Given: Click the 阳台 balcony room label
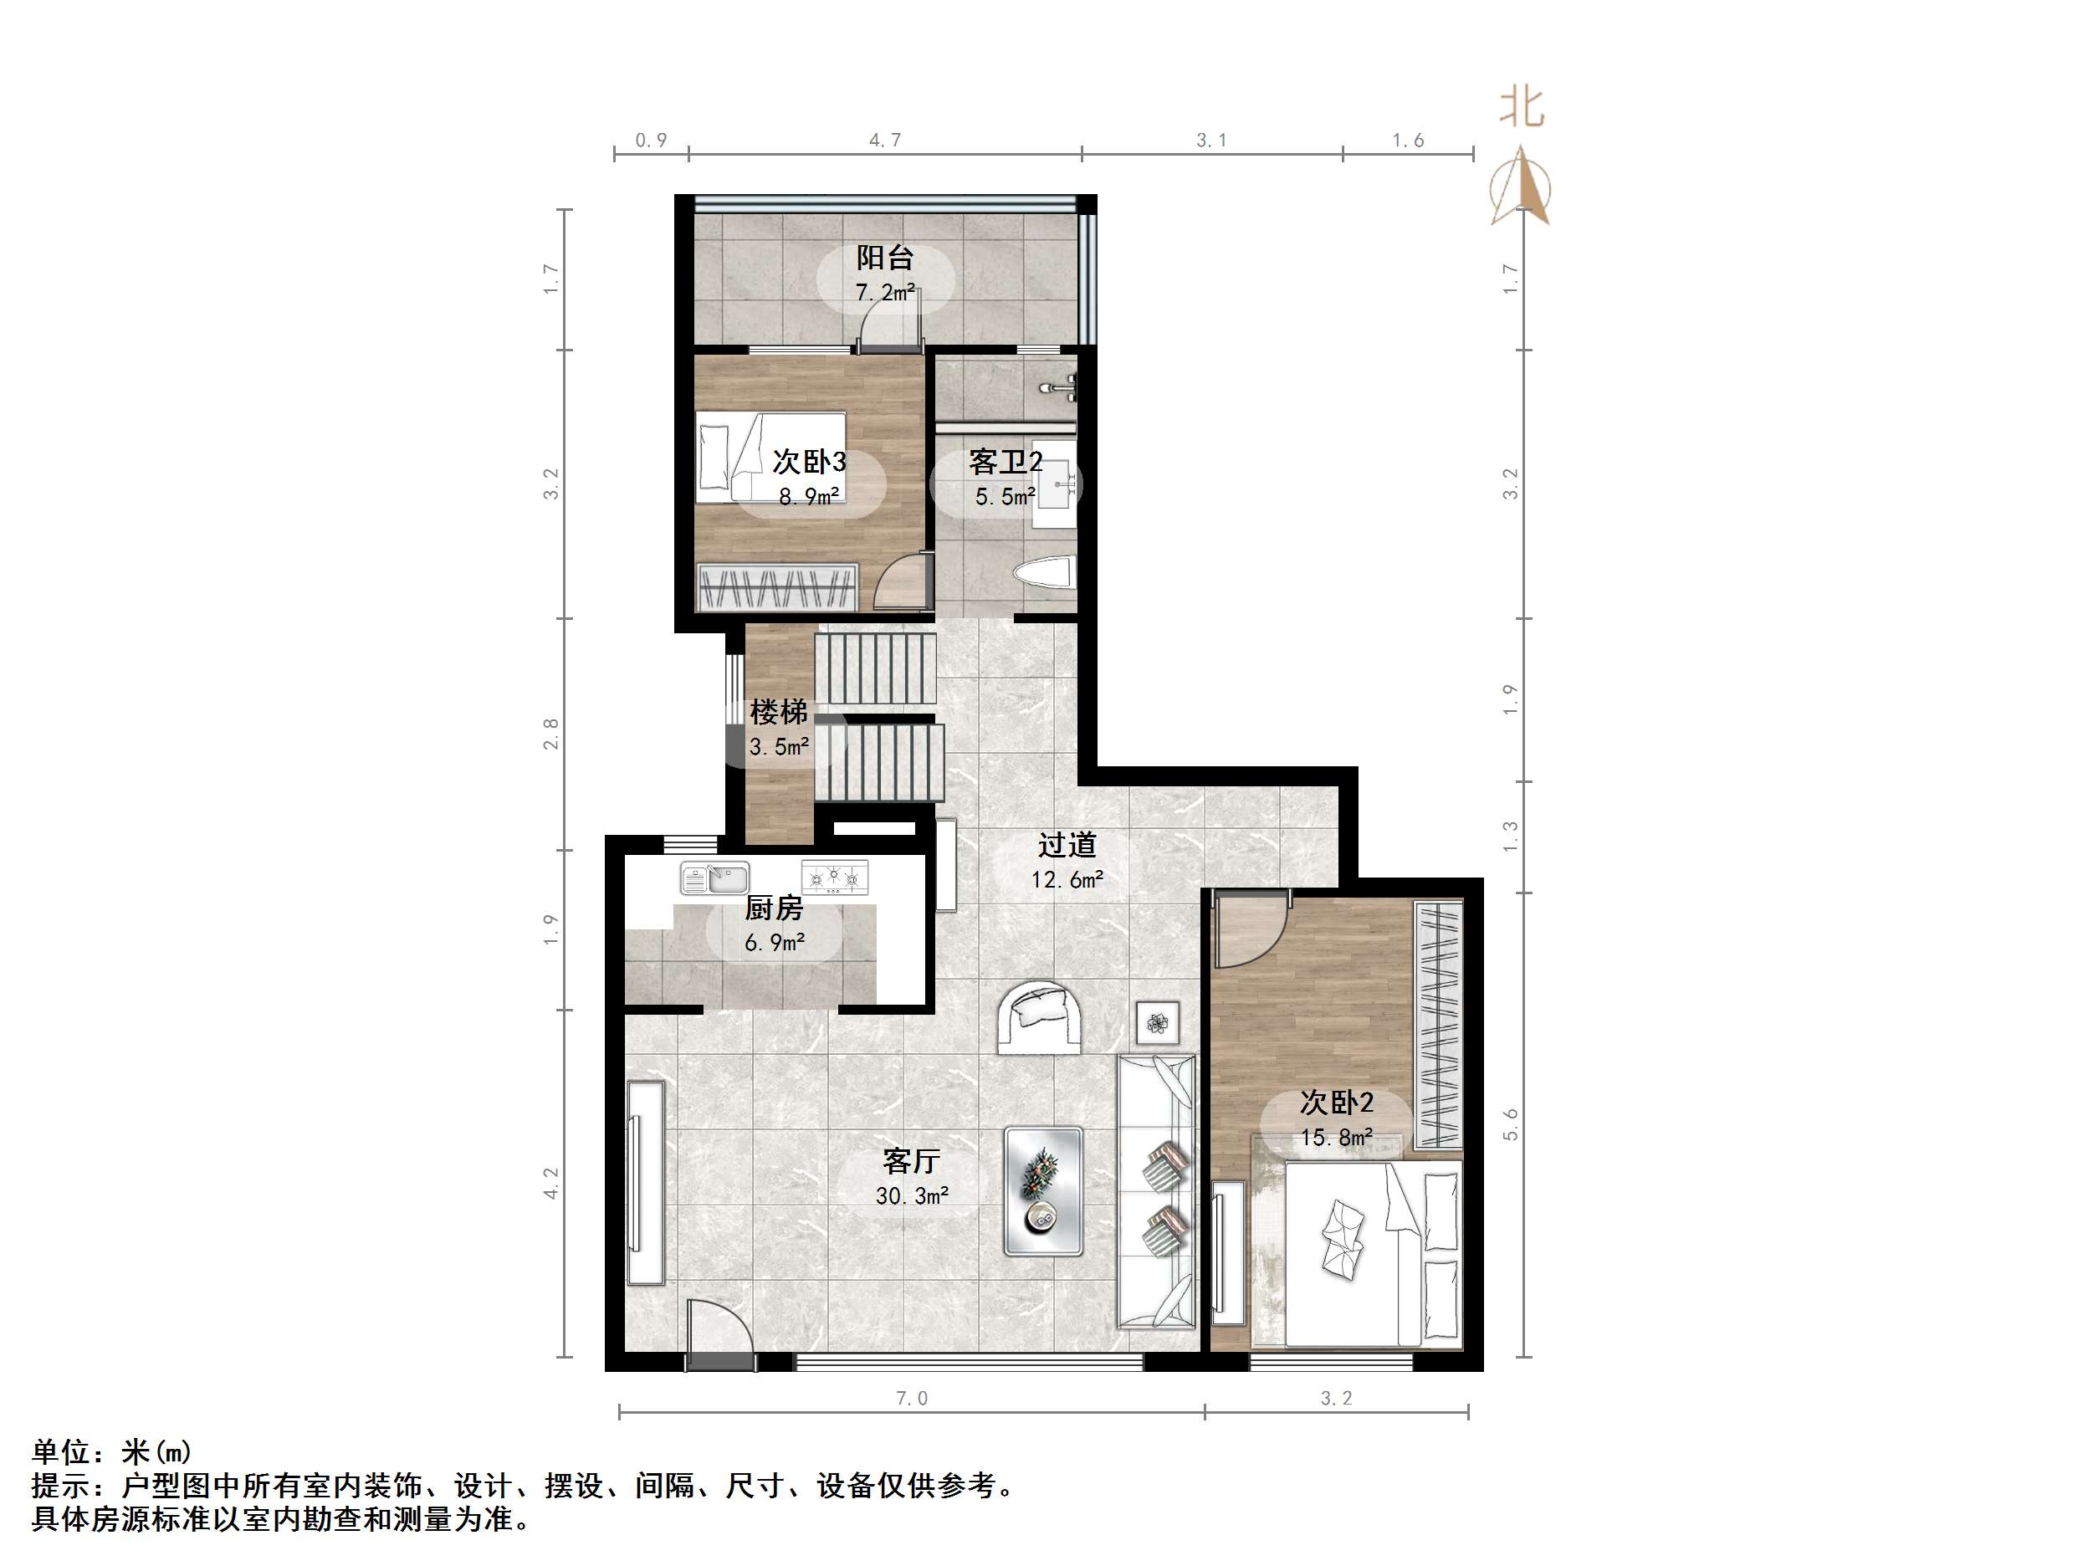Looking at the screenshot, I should coord(884,257).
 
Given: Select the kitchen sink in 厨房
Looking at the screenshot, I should coord(714,878).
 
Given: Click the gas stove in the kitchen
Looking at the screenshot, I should coord(834,877).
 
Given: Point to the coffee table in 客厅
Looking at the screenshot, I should coord(1043,1190).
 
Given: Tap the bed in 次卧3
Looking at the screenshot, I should coord(770,456).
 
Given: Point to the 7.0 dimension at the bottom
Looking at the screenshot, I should coord(912,1398).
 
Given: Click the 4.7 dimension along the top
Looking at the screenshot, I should coord(884,141).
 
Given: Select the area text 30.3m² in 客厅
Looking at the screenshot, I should coord(912,1196).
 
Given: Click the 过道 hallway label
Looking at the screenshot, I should coord(1067,844).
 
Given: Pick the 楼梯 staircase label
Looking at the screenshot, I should coord(779,711).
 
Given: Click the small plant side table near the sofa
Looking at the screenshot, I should coord(1157,1021).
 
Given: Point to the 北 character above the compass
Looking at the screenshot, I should coord(1522,108).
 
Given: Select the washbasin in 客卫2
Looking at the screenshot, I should coord(1054,483).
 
